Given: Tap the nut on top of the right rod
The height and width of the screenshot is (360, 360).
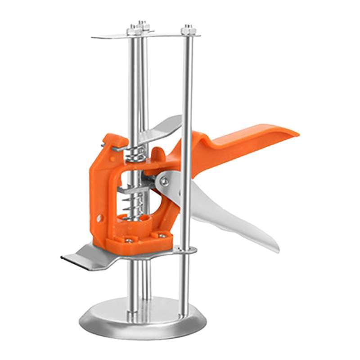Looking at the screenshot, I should pos(189,30).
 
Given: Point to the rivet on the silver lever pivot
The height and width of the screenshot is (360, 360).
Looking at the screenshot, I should pos(165,182).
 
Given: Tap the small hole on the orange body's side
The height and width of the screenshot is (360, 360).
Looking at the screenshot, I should pos(99,218).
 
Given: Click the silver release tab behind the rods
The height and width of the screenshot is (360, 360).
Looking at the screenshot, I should pos(164,126).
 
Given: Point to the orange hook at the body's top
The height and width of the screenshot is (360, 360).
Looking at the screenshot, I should pos(108,141).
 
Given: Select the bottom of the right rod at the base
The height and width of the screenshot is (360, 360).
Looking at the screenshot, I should pos(183,313).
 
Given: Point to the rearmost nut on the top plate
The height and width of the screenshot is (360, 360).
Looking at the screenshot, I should pos(143,24).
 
